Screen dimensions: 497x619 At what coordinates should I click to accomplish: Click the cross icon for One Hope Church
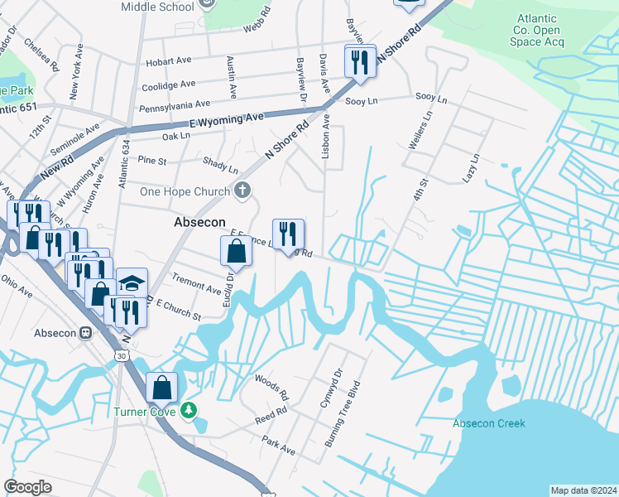point(242,191)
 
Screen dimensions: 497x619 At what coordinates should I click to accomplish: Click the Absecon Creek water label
point(488,423)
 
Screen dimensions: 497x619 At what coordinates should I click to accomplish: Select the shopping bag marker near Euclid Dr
point(236,252)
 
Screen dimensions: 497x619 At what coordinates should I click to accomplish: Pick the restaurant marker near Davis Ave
point(360,62)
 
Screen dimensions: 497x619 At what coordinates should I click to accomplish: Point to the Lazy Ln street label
point(472,168)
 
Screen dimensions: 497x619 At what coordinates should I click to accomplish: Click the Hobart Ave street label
point(168,62)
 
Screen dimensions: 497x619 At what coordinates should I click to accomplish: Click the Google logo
point(27,487)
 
